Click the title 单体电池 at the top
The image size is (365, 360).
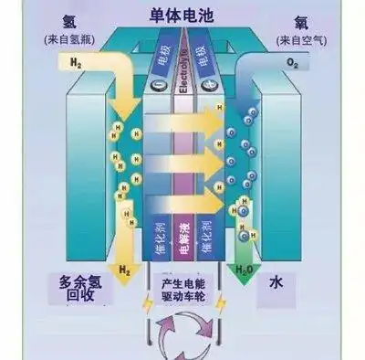pos(182,16)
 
